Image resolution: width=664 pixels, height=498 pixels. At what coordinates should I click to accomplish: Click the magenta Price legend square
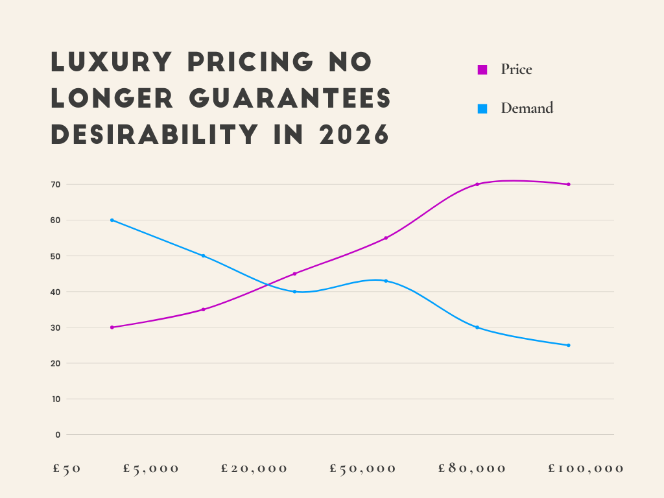pyautogui.click(x=482, y=70)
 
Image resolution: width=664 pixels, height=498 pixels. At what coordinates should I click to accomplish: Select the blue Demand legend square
pyautogui.click(x=482, y=109)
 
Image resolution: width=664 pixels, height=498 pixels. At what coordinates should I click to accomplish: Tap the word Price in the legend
pyautogui.click(x=516, y=69)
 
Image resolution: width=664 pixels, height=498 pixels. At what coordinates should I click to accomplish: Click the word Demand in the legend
pyautogui.click(x=527, y=108)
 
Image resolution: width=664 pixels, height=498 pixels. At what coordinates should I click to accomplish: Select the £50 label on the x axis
pyautogui.click(x=67, y=469)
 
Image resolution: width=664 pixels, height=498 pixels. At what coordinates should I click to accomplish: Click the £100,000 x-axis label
pyautogui.click(x=586, y=469)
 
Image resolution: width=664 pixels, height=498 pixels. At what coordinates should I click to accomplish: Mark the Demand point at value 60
pyautogui.click(x=112, y=220)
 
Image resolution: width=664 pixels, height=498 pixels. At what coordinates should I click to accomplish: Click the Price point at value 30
pyautogui.click(x=112, y=327)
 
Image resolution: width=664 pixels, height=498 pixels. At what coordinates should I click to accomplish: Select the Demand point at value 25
pyautogui.click(x=569, y=345)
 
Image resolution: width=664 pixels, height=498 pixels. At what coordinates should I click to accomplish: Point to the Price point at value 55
pyautogui.click(x=386, y=238)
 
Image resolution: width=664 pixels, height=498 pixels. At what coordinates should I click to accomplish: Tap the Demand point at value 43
pyautogui.click(x=386, y=281)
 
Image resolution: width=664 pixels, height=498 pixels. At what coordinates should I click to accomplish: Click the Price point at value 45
pyautogui.click(x=294, y=274)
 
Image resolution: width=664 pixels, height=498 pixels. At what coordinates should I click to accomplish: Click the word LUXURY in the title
pyautogui.click(x=111, y=62)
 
